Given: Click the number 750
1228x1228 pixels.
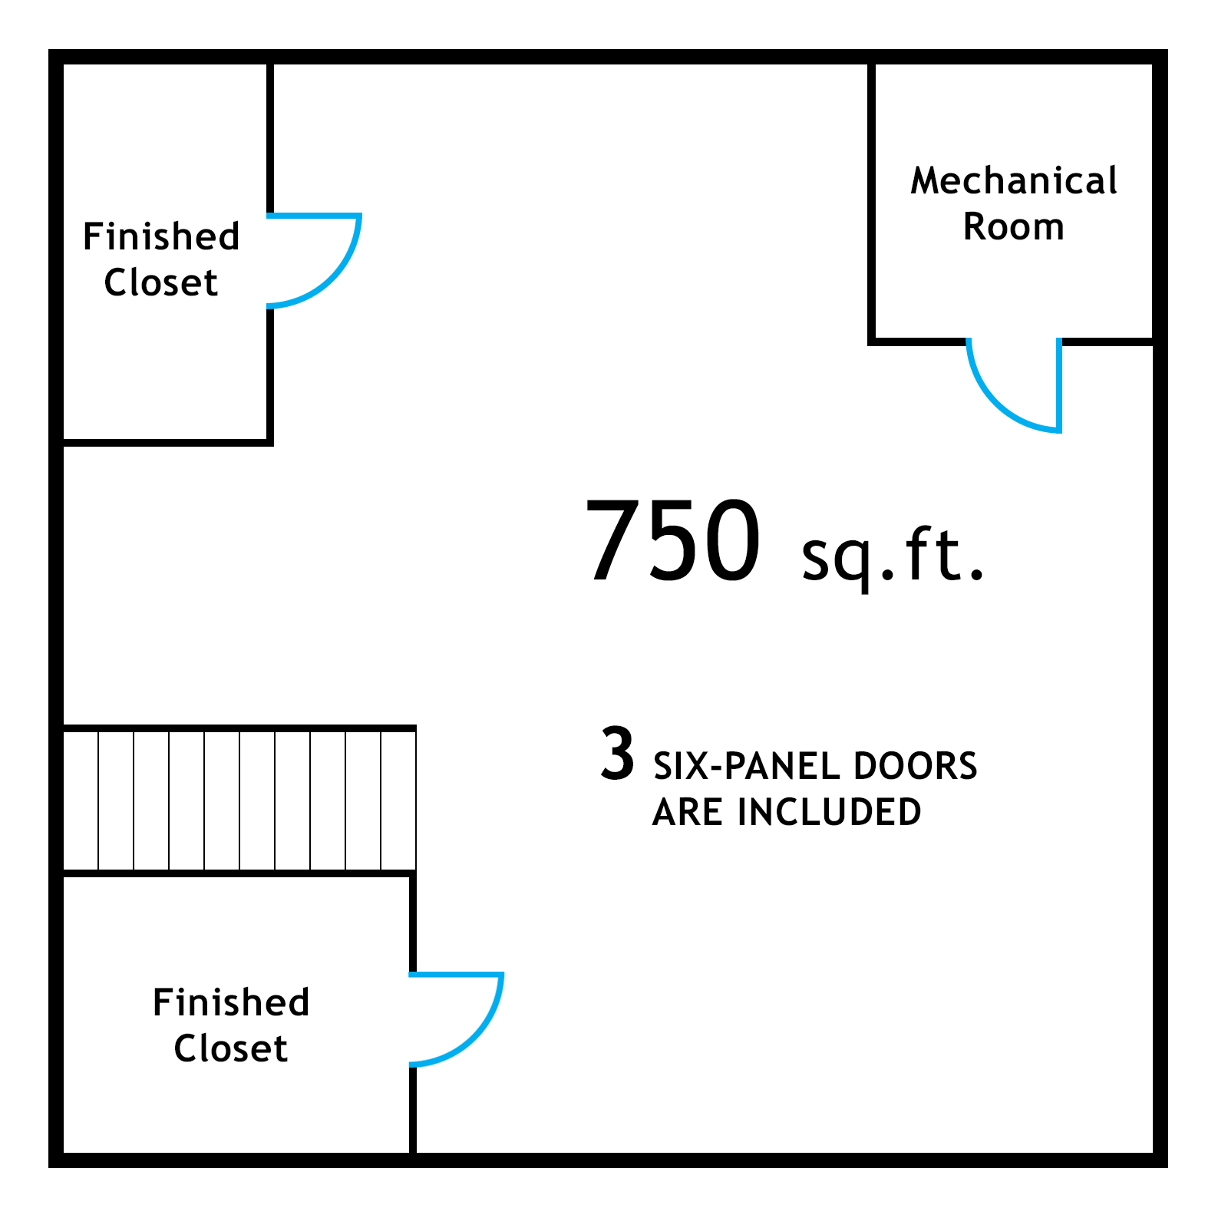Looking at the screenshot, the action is [x=673, y=541].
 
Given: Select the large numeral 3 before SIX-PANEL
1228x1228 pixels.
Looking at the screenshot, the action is [x=618, y=754].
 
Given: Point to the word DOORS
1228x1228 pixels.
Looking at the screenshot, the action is [x=915, y=766].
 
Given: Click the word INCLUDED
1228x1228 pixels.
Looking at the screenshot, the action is [x=829, y=812].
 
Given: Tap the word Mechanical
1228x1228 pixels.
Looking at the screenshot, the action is [x=1014, y=181].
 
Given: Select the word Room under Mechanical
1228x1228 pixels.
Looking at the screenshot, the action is [x=1014, y=227].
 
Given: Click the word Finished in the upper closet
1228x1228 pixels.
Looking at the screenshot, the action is [x=161, y=236].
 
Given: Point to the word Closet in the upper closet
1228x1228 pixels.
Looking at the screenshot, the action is [x=161, y=282].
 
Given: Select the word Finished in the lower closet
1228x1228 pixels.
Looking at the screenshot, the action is [x=231, y=1002].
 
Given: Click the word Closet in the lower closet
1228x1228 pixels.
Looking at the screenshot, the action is [x=231, y=1048].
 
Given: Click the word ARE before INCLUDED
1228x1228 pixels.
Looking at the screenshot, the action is [x=689, y=812].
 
